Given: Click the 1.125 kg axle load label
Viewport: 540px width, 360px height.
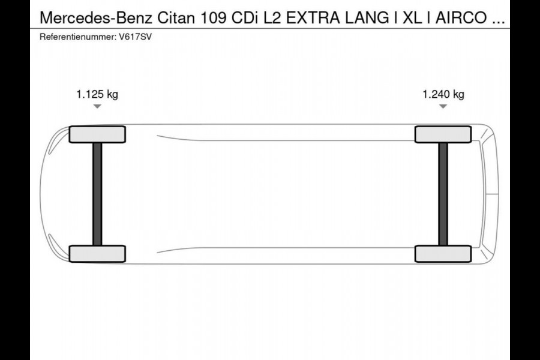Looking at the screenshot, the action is pyautogui.click(x=97, y=94).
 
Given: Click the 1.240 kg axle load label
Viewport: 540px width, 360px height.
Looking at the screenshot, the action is pyautogui.click(x=443, y=94).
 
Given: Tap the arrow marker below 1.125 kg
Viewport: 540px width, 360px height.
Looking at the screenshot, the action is pyautogui.click(x=97, y=106).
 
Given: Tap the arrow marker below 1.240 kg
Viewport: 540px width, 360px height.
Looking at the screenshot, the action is pyautogui.click(x=443, y=106).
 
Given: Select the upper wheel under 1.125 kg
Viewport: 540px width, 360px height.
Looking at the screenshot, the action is pyautogui.click(x=97, y=134).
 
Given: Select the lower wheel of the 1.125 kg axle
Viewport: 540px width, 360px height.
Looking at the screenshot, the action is pyautogui.click(x=97, y=254).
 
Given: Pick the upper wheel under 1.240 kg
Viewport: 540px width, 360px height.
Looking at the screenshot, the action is pyautogui.click(x=443, y=134).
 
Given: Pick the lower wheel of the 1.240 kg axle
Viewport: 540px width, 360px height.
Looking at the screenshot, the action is pyautogui.click(x=443, y=254).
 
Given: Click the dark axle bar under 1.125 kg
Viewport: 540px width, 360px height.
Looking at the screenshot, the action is pyautogui.click(x=97, y=194).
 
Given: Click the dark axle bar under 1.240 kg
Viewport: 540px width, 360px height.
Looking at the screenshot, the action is pyautogui.click(x=443, y=194).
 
